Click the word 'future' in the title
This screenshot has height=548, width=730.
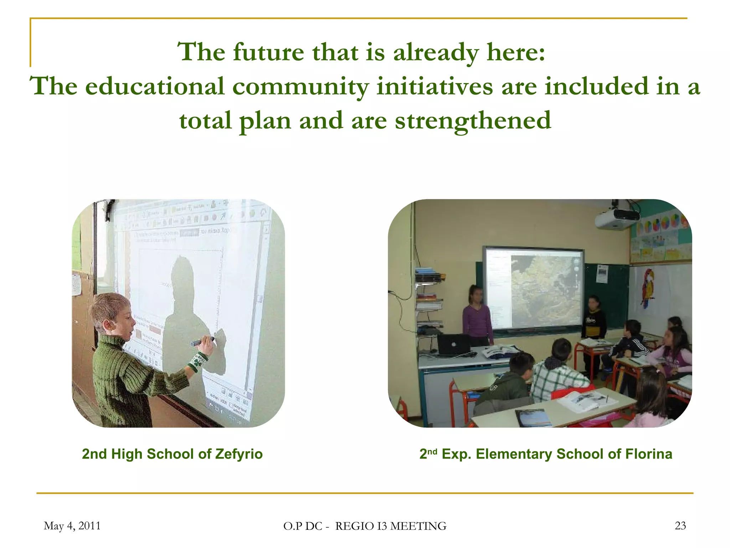tap(268, 52)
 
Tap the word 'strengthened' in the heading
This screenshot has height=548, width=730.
tap(473, 121)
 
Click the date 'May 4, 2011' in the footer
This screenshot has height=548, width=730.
tap(72, 526)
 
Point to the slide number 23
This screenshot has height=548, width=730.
tap(680, 526)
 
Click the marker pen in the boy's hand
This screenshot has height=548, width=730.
tap(201, 341)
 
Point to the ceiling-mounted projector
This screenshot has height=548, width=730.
tap(617, 218)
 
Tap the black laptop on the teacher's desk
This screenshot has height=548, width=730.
tap(453, 344)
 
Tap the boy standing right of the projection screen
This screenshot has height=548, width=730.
tap(593, 318)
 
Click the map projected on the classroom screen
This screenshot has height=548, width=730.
tap(544, 287)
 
